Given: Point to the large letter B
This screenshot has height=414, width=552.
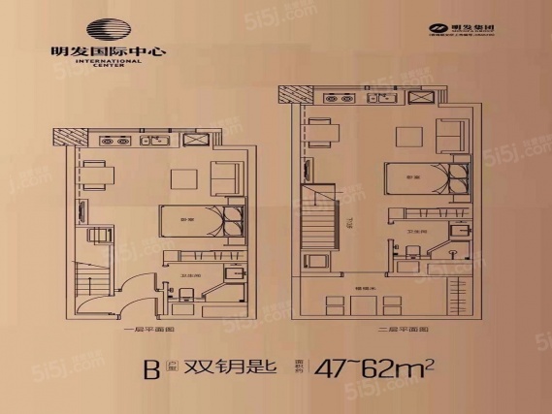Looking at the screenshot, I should [x=150, y=369].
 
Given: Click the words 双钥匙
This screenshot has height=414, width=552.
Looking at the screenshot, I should [x=231, y=368].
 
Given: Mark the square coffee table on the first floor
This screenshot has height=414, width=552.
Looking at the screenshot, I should [x=183, y=178].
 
